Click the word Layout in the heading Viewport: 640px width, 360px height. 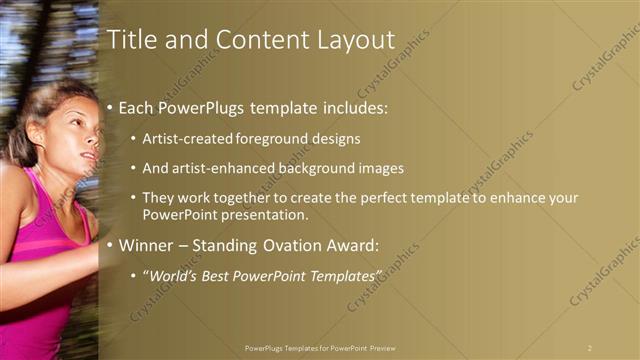[x=351, y=41]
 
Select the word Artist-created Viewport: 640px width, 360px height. [x=188, y=138]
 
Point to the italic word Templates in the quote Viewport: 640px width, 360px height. [x=346, y=274]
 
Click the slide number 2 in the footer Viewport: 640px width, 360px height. [x=589, y=347]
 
